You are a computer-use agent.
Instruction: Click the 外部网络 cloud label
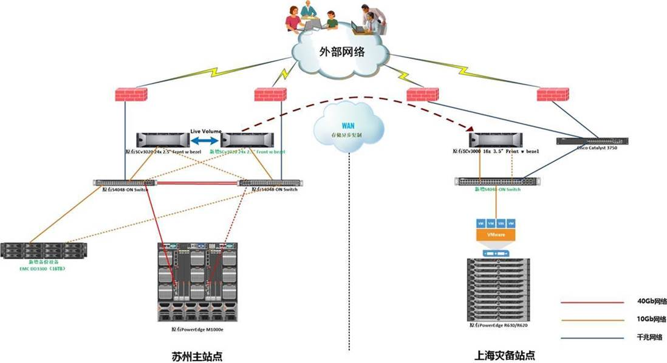(342, 52)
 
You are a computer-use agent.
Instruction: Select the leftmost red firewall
(131, 95)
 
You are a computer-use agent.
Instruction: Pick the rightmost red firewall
(552, 95)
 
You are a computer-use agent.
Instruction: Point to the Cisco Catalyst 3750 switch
(592, 141)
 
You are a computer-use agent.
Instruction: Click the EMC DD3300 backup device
(44, 251)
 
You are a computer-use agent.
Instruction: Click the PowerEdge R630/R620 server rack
(498, 290)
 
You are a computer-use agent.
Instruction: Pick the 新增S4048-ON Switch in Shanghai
(497, 181)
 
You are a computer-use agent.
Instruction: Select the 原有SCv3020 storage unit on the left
(163, 140)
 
